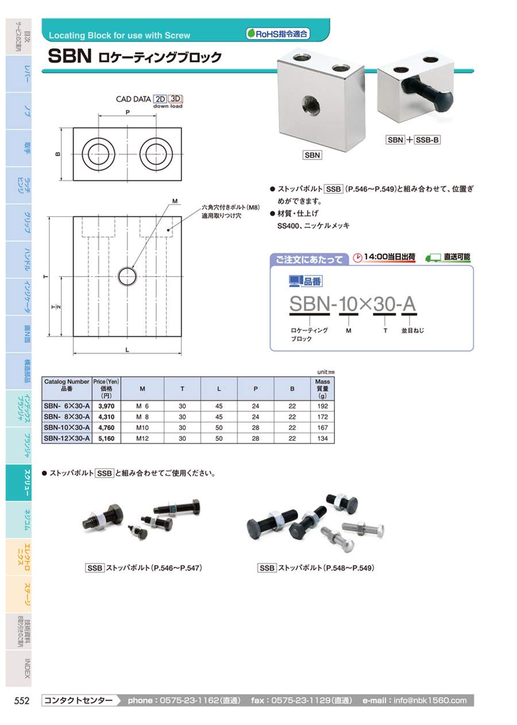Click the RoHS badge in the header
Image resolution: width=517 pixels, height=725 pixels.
[277, 34]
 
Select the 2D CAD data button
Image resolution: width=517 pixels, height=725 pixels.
[160, 99]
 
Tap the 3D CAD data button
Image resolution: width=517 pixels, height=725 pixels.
[175, 99]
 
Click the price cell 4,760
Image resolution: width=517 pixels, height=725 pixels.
[106, 428]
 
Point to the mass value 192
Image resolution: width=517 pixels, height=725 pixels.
[323, 406]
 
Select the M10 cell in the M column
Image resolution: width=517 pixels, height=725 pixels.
[142, 428]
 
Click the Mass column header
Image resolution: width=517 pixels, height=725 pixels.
[322, 389]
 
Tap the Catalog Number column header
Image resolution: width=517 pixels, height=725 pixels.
[67, 385]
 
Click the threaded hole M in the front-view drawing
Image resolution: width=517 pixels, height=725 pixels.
[128, 277]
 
